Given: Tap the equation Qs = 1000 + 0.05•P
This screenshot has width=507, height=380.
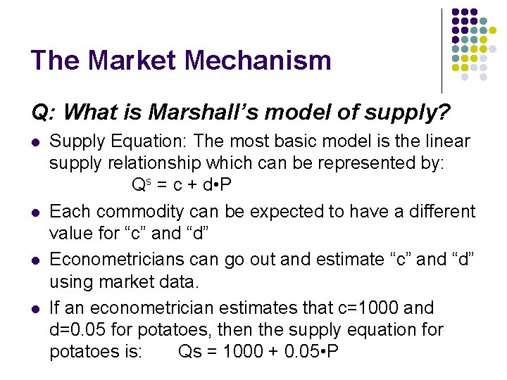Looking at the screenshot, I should (258, 351).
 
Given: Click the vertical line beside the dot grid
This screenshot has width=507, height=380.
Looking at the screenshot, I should (442, 49).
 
